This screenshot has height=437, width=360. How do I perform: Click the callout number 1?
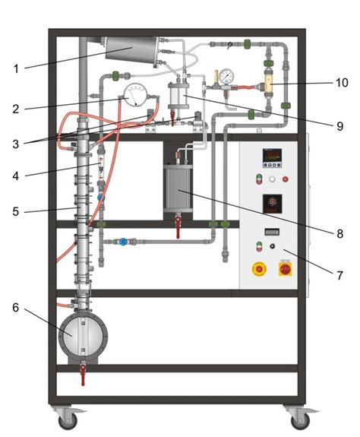point(16,68)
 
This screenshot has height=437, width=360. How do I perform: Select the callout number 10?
point(341,82)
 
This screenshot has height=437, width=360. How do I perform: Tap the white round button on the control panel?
point(272,179)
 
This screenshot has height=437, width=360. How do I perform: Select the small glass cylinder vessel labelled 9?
point(179,95)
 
